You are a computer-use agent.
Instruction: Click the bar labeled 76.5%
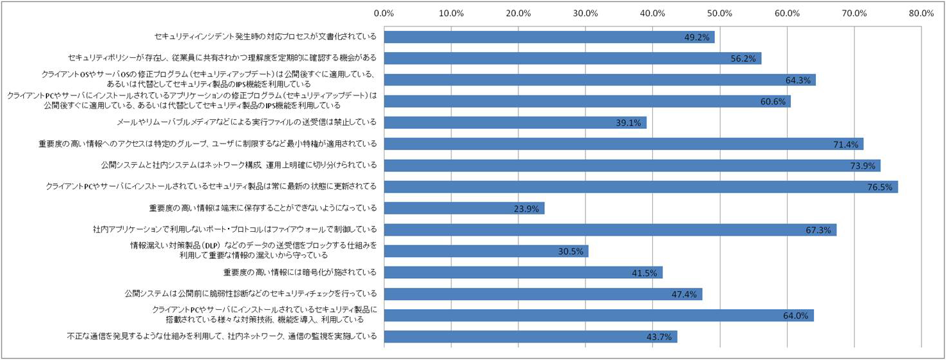[x=641, y=187]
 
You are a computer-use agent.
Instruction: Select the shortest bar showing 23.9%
[x=464, y=208]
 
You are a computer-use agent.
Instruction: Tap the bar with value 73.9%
[x=632, y=166]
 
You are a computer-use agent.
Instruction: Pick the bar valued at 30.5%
[x=486, y=251]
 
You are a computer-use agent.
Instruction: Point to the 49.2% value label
[x=697, y=37]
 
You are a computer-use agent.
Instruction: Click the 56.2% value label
[x=744, y=59]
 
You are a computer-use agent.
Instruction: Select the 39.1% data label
[x=629, y=123]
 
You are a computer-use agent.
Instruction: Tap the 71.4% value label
[x=846, y=144]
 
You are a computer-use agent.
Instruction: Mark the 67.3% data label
[x=818, y=230]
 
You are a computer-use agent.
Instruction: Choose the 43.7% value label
[x=659, y=337]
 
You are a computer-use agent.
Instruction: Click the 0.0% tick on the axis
[x=384, y=12]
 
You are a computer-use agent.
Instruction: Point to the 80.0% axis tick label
[x=922, y=12]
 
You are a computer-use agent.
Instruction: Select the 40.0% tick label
[x=652, y=12]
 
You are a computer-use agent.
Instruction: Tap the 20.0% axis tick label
[x=518, y=12]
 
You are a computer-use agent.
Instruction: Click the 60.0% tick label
[x=787, y=12]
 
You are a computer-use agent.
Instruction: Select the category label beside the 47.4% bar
[x=251, y=294]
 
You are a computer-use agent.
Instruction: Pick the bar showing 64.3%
[x=600, y=80]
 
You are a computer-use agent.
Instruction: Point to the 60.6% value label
[x=773, y=102]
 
